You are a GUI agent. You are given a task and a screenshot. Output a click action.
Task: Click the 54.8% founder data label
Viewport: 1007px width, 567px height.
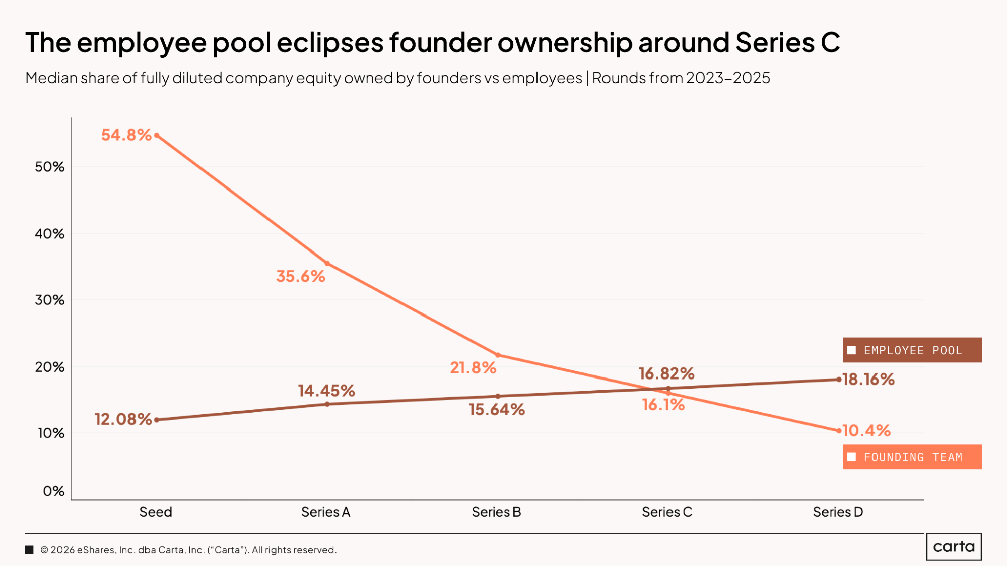point(126,135)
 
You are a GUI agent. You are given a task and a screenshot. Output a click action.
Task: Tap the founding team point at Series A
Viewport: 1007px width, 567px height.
point(327,264)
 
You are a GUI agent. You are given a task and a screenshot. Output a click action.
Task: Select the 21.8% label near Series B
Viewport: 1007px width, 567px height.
point(473,368)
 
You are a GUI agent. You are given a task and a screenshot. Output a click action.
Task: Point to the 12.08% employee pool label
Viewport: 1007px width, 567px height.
point(123,419)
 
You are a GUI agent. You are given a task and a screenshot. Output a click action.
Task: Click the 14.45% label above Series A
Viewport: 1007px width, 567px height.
point(326,391)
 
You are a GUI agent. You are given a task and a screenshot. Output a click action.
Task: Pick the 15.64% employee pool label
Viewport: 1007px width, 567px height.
point(497,410)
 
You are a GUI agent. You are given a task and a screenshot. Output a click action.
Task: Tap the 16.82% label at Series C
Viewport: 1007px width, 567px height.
point(666,373)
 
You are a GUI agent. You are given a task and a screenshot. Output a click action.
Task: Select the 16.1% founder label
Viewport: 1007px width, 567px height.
point(663,405)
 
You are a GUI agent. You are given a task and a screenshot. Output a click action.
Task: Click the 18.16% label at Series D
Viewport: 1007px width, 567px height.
point(868,380)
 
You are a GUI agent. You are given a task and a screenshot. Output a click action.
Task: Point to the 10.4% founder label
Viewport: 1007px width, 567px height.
point(866,431)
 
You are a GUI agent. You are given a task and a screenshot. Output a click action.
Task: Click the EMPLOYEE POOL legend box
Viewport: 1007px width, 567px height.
point(912,350)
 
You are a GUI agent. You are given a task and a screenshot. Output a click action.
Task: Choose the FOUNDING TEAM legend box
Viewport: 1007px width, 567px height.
point(912,457)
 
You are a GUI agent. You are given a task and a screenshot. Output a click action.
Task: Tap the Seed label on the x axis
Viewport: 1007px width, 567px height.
point(156,512)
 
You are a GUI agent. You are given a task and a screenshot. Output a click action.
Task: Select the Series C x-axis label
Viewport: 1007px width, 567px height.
point(667,512)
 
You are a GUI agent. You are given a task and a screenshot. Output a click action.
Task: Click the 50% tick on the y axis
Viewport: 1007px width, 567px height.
point(50,167)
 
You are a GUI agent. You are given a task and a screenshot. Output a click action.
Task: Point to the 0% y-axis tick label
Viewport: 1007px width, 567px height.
point(54,491)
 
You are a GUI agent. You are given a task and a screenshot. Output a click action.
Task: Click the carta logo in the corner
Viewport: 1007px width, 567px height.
point(954,547)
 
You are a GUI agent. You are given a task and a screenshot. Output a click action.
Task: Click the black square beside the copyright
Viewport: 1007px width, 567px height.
point(30,550)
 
